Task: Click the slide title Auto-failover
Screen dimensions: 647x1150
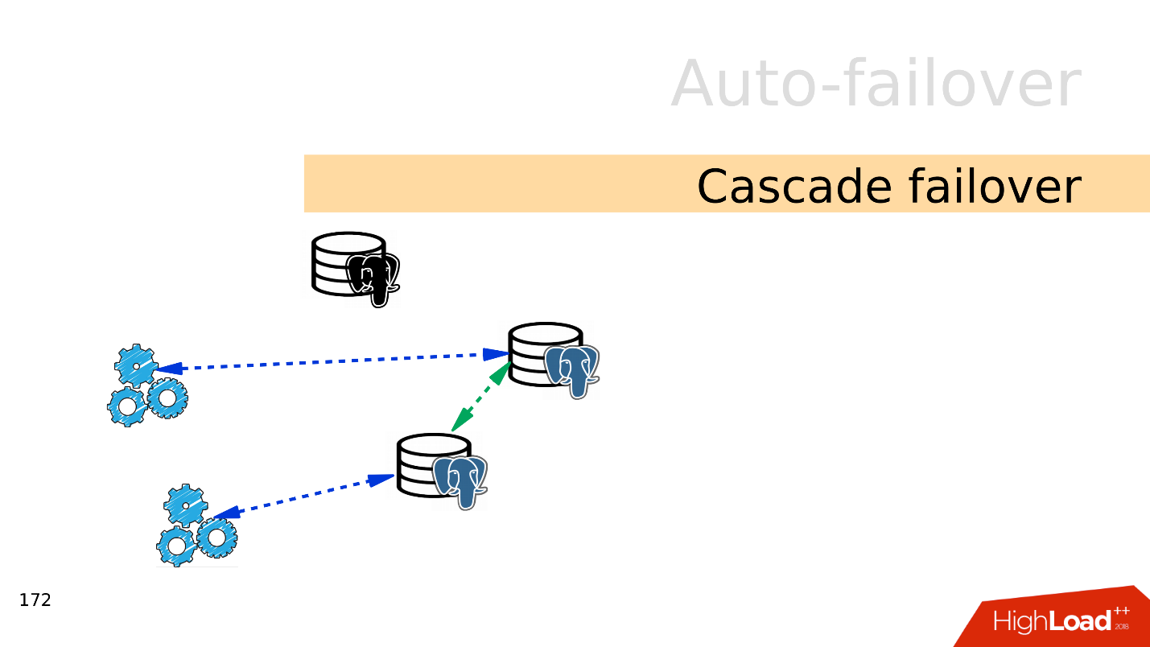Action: [876, 84]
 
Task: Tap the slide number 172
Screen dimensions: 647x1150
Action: [35, 600]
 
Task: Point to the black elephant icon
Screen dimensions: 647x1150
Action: [373, 278]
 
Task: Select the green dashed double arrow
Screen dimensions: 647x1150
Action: [481, 396]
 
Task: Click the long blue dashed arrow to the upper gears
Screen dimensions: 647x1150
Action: [330, 361]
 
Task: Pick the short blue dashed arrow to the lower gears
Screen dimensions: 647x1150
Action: [304, 497]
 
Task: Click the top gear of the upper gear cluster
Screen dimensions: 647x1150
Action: [137, 366]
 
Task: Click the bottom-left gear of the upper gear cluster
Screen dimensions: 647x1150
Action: [126, 406]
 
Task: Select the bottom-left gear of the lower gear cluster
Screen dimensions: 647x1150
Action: [175, 547]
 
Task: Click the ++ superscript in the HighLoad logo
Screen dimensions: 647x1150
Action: [1121, 612]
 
